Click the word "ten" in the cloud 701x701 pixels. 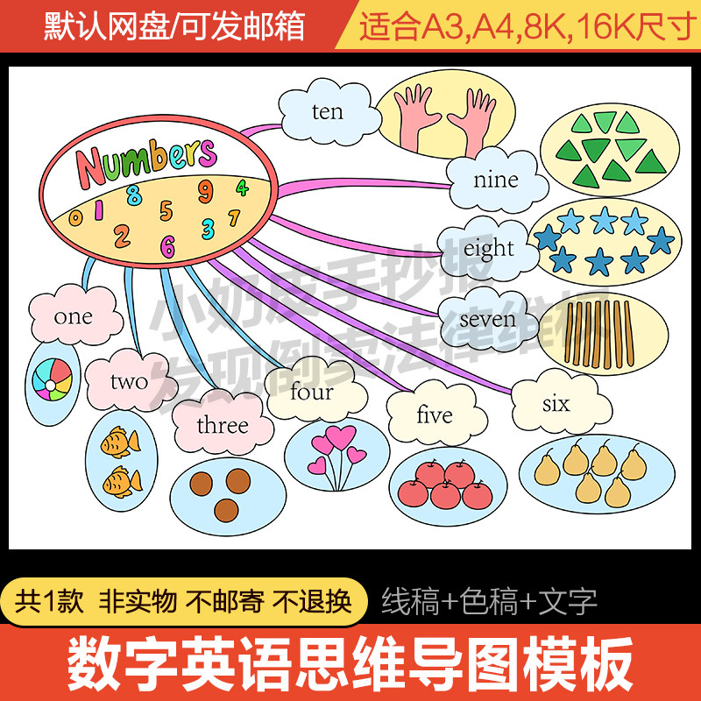(327, 112)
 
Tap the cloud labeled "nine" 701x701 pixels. (495, 181)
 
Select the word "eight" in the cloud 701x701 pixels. (488, 249)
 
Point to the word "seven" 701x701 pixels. (487, 319)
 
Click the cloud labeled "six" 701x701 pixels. (556, 404)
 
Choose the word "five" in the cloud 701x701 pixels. (434, 415)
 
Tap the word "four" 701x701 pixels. (311, 392)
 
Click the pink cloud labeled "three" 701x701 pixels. (223, 426)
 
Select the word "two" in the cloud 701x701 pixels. (129, 381)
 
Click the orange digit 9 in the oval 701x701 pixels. (205, 190)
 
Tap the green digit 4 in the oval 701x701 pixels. (242, 187)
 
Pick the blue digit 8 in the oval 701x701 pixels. (133, 195)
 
